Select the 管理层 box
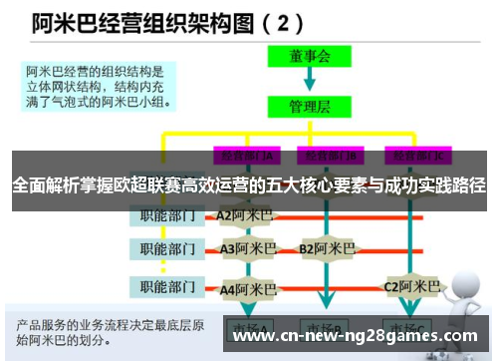310,105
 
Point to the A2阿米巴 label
244,215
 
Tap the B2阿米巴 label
327,248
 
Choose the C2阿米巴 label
410,287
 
